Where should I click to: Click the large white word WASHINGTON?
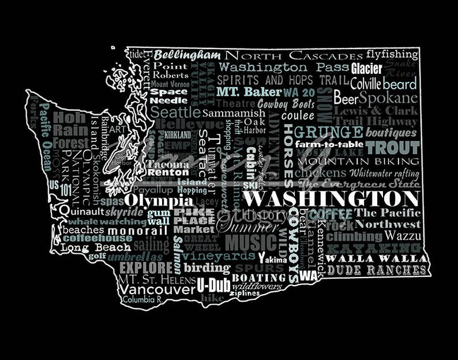tap(331, 200)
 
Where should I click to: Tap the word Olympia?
tap(159, 200)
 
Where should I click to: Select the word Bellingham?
tap(187, 55)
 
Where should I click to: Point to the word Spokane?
tap(388, 97)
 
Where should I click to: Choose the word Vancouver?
tap(157, 288)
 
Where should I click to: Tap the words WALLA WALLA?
tap(377, 258)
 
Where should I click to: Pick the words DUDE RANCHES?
tap(377, 269)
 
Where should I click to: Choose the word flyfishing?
tap(392, 55)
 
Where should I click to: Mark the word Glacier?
tap(367, 69)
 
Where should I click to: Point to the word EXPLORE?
tap(146, 268)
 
